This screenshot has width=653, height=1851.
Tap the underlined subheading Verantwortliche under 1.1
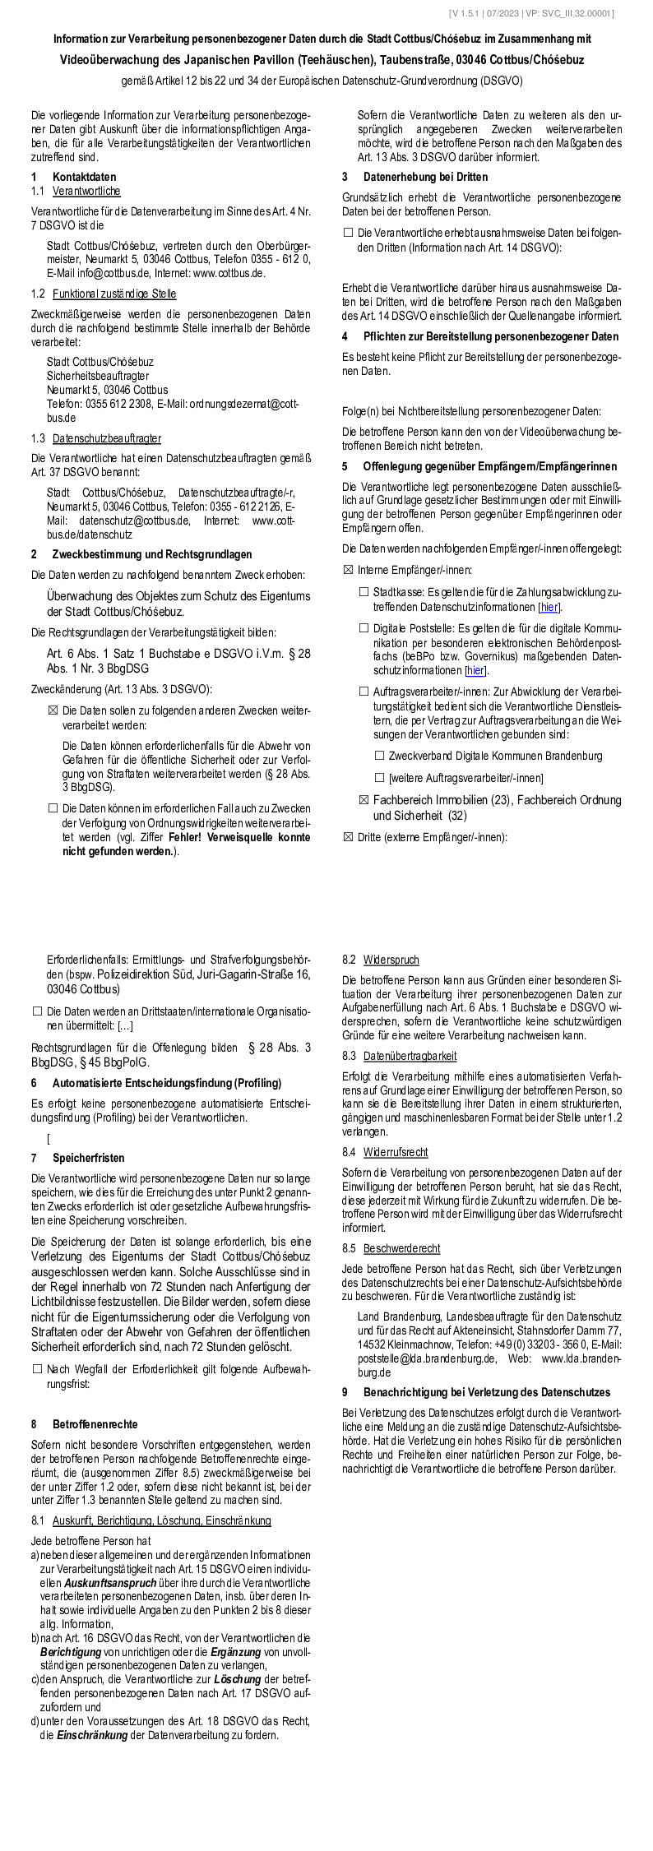click(86, 191)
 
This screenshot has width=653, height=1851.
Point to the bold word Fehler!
click(188, 837)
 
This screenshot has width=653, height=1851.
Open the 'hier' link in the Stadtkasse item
click(549, 607)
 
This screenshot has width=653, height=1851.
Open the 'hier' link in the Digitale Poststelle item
click(475, 670)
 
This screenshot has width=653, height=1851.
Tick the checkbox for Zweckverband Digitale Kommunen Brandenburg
click(380, 756)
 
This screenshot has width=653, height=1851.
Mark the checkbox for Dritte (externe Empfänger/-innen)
click(348, 837)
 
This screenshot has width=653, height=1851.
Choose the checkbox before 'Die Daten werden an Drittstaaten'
click(37, 1011)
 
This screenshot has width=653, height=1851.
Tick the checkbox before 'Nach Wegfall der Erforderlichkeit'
click(37, 1369)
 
